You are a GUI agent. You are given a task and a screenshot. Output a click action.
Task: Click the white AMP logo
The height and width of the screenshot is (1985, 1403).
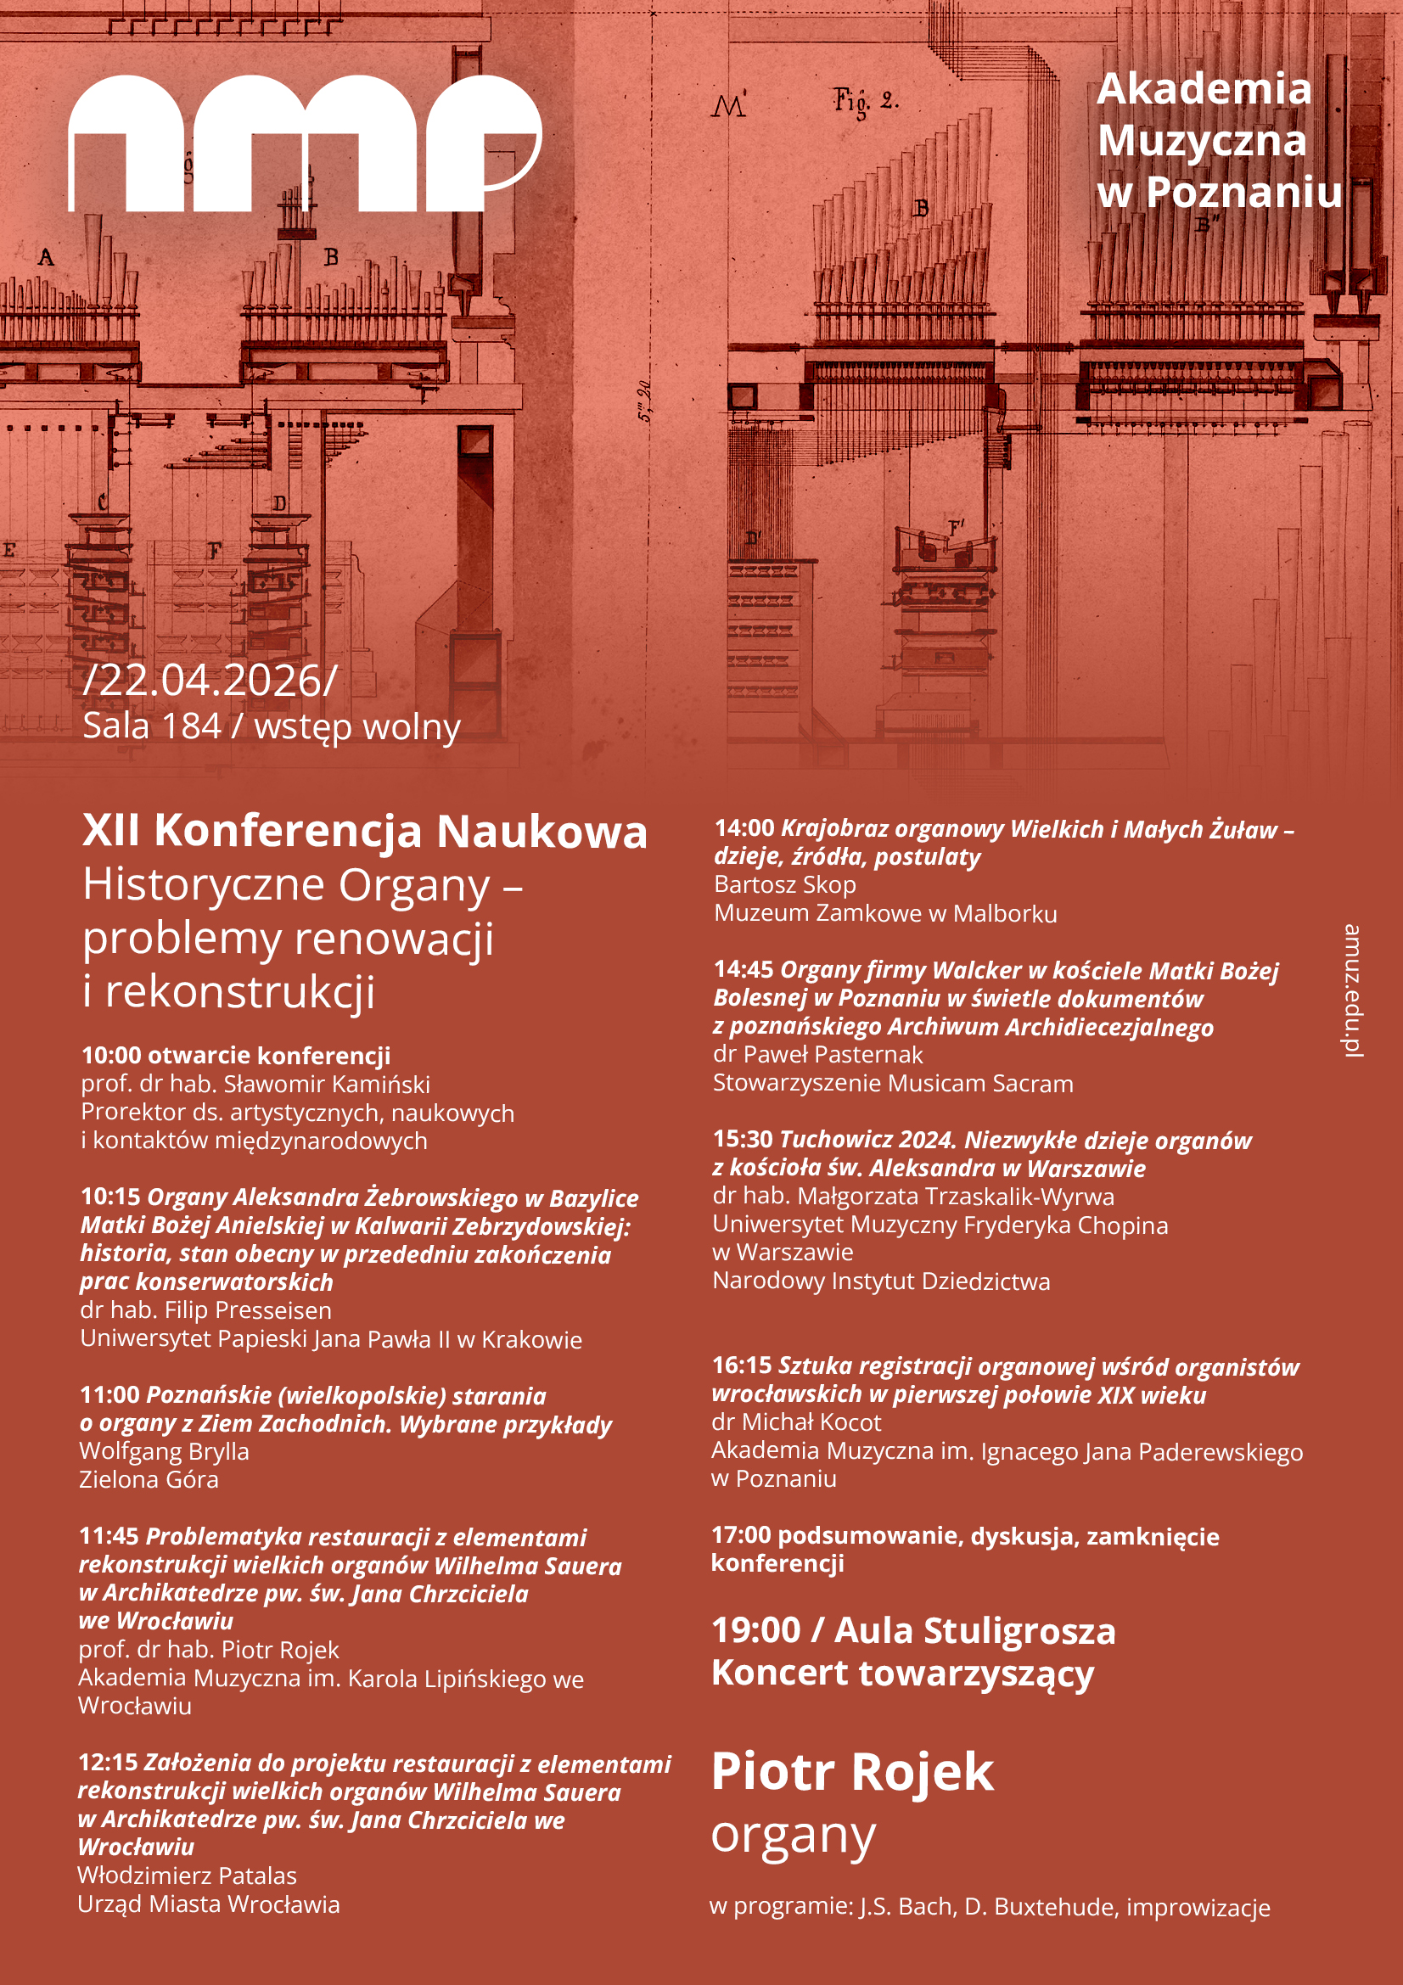305,143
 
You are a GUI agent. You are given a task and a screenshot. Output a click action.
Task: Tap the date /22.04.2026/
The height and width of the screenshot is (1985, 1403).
209,681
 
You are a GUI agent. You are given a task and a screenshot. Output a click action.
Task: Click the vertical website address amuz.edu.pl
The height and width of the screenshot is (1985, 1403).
1351,990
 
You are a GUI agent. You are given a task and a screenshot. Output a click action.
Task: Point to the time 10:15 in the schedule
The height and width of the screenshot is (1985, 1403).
109,1197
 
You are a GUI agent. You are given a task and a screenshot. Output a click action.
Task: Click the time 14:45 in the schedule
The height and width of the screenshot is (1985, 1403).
743,969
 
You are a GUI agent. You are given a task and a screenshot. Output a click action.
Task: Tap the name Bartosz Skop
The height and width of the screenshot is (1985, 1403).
784,884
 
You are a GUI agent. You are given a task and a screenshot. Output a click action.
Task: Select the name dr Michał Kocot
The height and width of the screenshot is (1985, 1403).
795,1421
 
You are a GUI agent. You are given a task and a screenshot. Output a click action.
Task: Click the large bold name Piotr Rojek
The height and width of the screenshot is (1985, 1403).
851,1770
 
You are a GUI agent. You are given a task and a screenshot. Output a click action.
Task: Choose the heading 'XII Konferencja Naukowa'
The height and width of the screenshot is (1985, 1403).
364,831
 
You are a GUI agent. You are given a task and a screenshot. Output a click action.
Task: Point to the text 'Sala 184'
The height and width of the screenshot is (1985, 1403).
151,726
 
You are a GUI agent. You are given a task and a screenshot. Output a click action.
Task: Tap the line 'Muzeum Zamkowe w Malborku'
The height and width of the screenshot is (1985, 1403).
884,913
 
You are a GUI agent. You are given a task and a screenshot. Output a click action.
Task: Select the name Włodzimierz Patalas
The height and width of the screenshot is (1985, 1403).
187,1876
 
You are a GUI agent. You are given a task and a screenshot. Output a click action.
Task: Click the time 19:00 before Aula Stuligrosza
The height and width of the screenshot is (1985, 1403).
755,1630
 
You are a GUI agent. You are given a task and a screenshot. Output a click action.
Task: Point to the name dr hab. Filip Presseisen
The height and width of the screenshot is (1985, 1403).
205,1309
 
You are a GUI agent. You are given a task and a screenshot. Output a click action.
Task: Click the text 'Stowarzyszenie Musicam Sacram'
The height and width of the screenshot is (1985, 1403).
892,1083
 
